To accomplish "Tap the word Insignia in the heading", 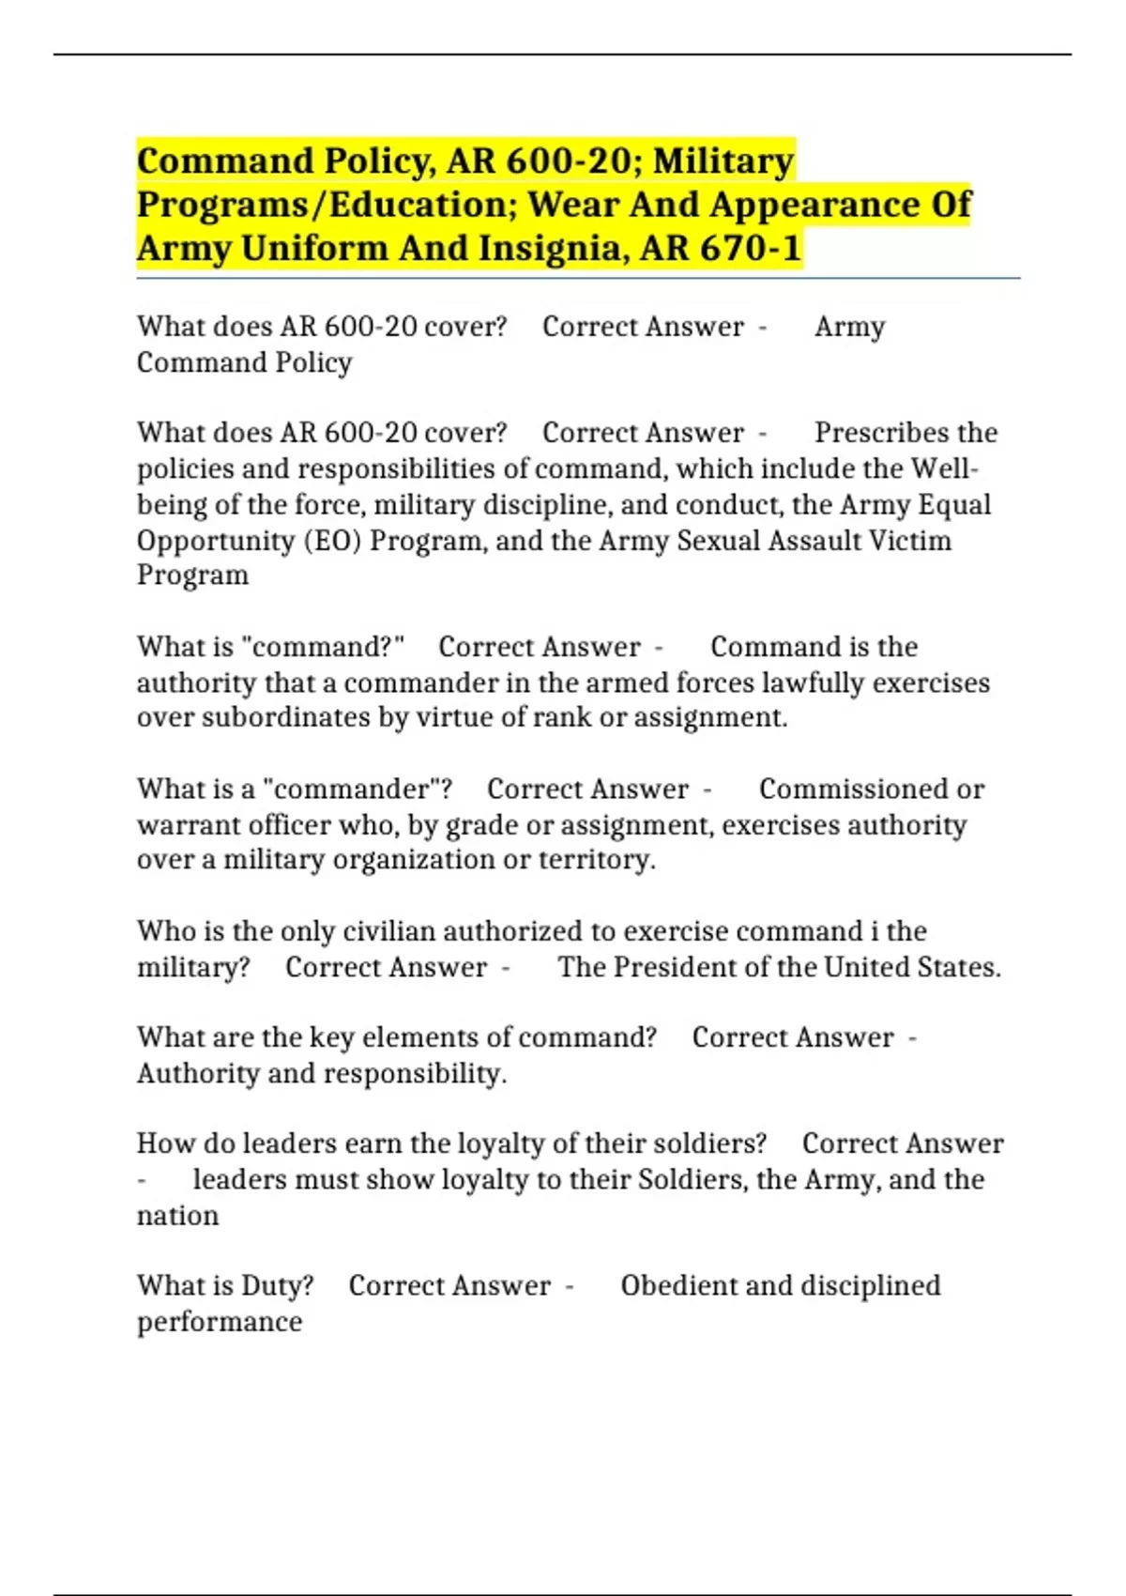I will tap(548, 249).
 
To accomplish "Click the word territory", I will tap(597, 860).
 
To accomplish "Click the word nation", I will tap(177, 1216).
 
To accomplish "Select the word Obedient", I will tap(678, 1286).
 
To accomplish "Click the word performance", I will tap(220, 1322).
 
